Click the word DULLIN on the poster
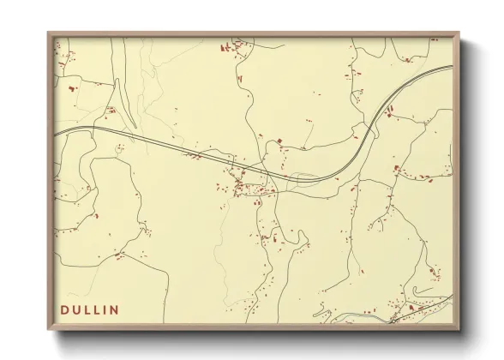(x=90, y=309)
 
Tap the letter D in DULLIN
(x=65, y=309)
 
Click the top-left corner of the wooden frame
(x=48, y=33)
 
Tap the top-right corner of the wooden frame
(x=459, y=33)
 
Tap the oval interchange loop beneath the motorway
(x=303, y=178)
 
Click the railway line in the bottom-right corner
(x=424, y=309)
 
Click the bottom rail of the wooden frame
(x=254, y=327)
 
